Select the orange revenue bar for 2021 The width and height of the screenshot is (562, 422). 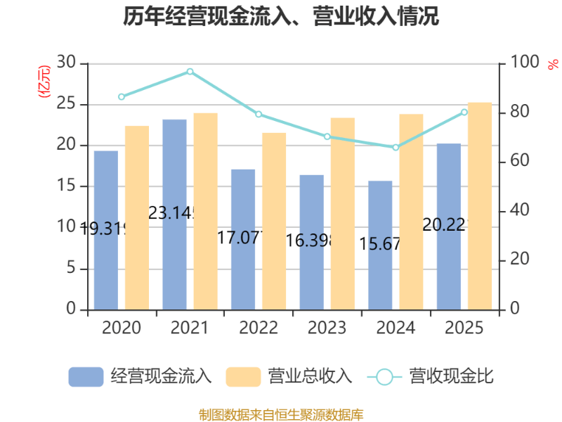tap(205, 211)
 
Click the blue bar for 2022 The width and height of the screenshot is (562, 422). tap(243, 239)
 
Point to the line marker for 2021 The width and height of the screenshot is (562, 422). tap(190, 71)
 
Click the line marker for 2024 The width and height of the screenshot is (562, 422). tap(396, 148)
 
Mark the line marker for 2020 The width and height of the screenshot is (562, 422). tap(122, 97)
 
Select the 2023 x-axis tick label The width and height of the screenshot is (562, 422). tap(327, 328)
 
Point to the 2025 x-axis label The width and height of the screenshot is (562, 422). tap(464, 328)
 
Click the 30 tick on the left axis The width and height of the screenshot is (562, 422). tap(66, 63)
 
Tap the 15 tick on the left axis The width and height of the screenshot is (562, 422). tap(66, 186)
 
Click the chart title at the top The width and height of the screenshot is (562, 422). tap(281, 15)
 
